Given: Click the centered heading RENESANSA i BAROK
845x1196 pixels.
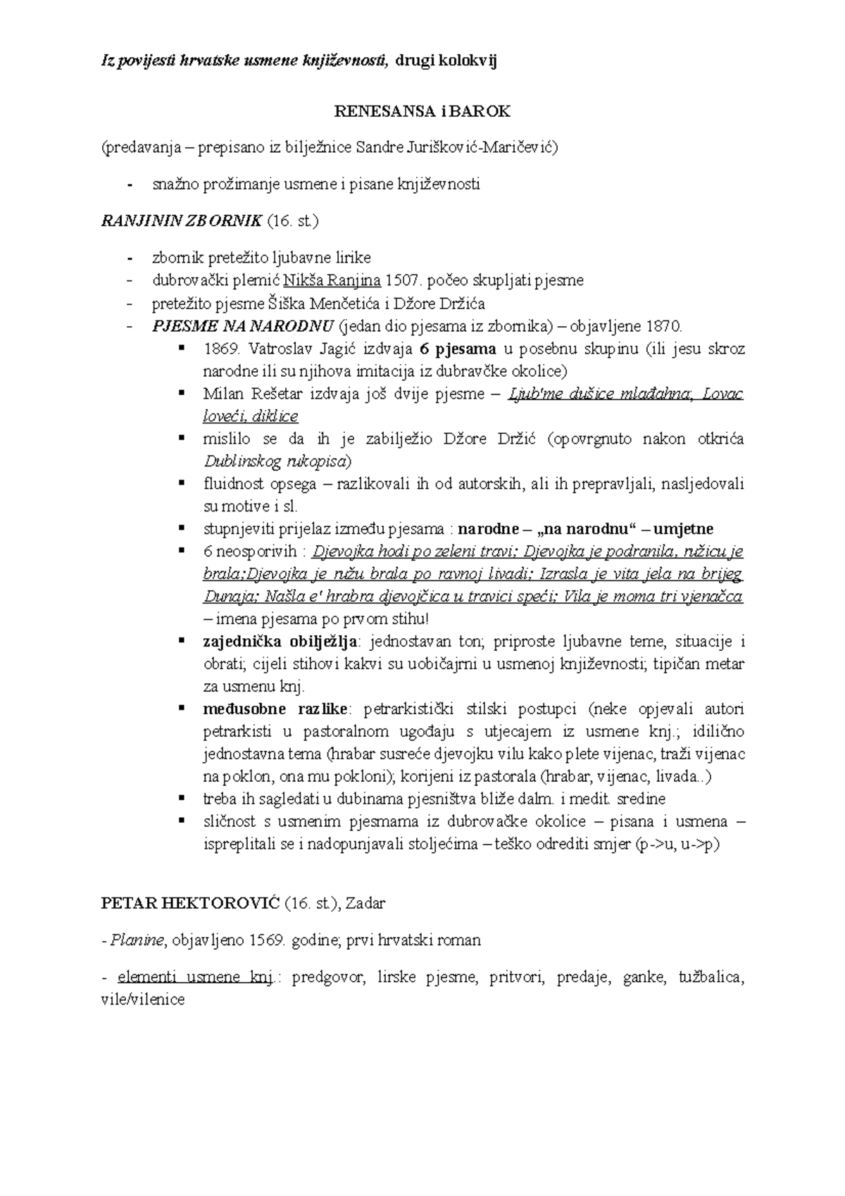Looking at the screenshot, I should [422, 111].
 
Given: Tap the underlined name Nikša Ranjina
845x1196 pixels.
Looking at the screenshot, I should [332, 280].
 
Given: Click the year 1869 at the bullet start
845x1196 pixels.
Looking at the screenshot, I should [220, 349].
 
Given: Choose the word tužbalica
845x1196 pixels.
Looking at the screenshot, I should [711, 978].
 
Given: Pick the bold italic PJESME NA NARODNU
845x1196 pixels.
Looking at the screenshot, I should [243, 326].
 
